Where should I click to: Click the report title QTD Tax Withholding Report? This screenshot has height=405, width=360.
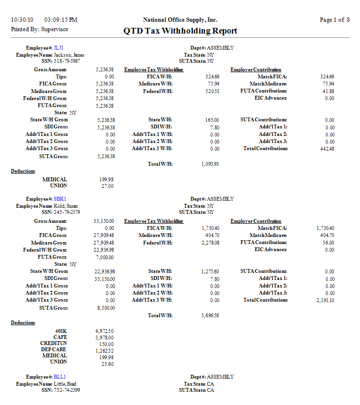click(180, 31)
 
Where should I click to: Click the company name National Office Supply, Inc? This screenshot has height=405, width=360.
click(180, 20)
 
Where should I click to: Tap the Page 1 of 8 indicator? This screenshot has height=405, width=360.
click(334, 20)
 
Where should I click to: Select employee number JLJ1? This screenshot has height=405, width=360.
click(59, 48)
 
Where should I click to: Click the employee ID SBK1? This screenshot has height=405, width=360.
click(60, 199)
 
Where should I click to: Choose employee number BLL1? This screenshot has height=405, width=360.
click(60, 377)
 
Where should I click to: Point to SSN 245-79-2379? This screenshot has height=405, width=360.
click(67, 212)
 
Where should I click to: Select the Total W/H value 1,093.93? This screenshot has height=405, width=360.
click(209, 164)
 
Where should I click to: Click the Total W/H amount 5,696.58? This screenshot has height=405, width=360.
click(209, 315)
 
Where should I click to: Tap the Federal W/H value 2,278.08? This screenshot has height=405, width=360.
click(209, 243)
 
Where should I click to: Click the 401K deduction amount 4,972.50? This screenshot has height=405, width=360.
click(104, 331)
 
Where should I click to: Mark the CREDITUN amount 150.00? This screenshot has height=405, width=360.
click(107, 344)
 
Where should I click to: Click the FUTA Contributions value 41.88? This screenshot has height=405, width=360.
click(328, 91)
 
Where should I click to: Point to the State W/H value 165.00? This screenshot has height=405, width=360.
click(212, 120)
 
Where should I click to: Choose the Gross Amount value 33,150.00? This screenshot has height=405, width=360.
click(104, 221)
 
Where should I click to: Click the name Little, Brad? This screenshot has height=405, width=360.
click(65, 384)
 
